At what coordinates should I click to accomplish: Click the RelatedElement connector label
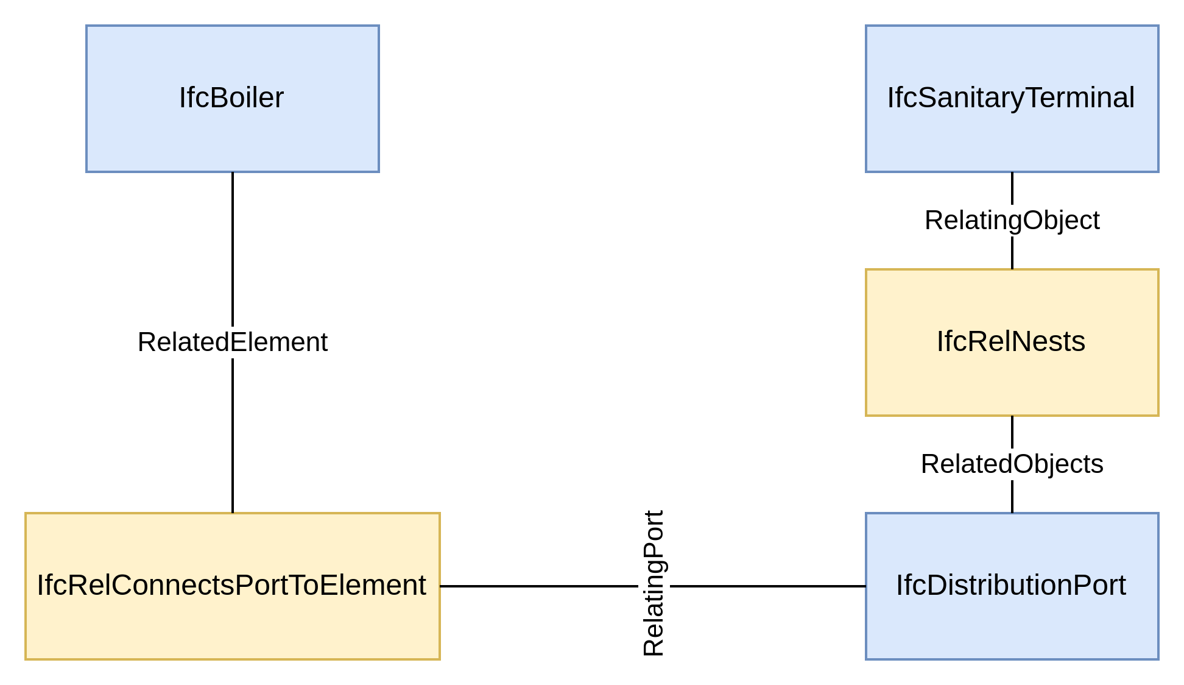(x=232, y=342)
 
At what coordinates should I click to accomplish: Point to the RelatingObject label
(x=1012, y=220)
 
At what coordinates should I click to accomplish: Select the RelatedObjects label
(x=1012, y=464)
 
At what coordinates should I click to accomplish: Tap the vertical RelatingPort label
(x=654, y=584)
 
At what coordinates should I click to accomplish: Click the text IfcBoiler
(x=231, y=98)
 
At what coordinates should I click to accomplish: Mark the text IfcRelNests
(x=1010, y=341)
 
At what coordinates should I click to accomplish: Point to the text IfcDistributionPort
(x=1010, y=585)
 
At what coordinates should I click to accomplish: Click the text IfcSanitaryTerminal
(x=1010, y=98)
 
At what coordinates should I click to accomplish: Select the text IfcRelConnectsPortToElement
(x=231, y=585)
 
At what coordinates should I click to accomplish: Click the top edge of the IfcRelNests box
(x=1012, y=269)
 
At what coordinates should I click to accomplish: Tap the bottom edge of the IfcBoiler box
(x=232, y=172)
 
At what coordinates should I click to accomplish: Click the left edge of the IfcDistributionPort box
(x=866, y=586)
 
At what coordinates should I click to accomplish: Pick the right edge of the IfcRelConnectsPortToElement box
(x=440, y=586)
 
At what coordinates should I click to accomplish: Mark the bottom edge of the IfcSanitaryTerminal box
(x=1012, y=172)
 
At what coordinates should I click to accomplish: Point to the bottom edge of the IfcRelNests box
(x=1012, y=416)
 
